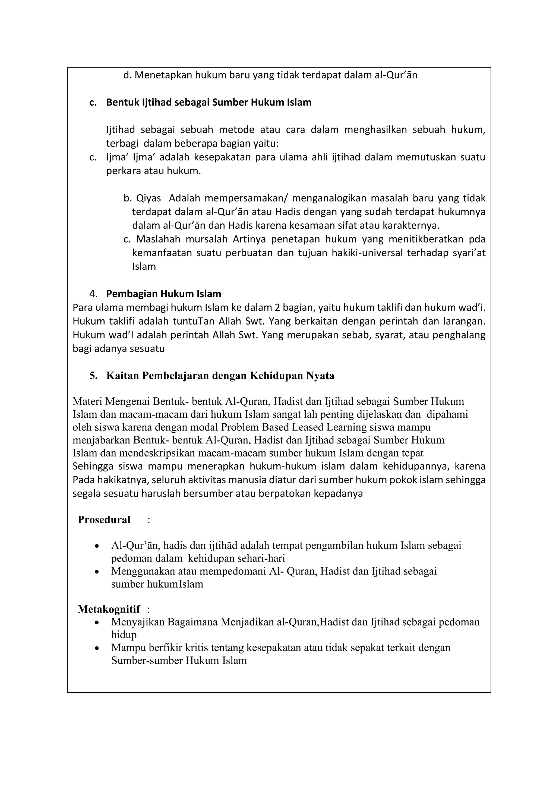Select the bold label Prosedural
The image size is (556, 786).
(104, 520)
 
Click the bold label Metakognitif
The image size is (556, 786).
(109, 609)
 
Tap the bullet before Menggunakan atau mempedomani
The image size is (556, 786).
(97, 572)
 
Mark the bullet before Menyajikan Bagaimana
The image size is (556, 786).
(97, 622)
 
